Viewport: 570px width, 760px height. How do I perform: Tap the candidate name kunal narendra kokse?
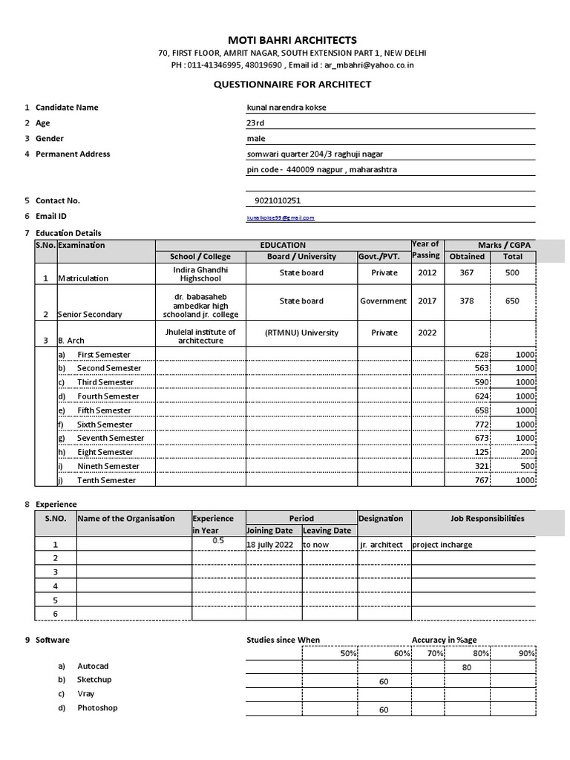(x=286, y=108)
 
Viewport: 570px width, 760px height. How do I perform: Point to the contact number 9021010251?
(x=277, y=200)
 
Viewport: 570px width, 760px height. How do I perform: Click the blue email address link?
(x=281, y=217)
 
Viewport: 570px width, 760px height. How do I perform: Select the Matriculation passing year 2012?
(x=427, y=272)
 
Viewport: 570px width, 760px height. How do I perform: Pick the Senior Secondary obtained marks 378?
(x=467, y=301)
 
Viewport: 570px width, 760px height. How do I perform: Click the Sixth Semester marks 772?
(x=482, y=424)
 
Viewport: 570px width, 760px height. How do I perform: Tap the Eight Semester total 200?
(x=525, y=452)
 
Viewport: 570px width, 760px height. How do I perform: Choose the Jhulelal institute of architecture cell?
(x=200, y=336)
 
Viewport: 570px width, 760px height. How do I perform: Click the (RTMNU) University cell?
(x=301, y=332)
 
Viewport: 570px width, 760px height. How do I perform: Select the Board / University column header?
(x=301, y=257)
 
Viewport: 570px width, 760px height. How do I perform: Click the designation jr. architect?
(x=381, y=545)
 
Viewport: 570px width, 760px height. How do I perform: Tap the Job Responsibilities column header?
(x=487, y=518)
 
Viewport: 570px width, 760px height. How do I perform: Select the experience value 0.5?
(x=218, y=540)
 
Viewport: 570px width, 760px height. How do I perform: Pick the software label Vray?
(x=86, y=694)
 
